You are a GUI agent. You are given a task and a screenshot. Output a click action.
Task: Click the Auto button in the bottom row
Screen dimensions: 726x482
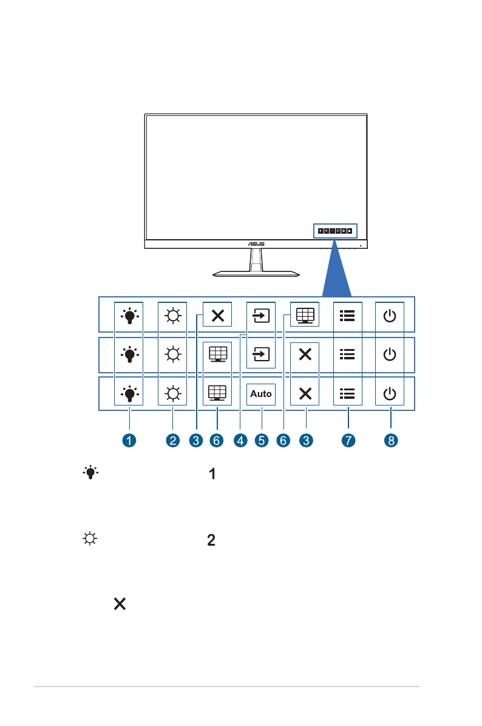[261, 394]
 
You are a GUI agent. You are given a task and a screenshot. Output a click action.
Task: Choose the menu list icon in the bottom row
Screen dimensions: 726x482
[347, 394]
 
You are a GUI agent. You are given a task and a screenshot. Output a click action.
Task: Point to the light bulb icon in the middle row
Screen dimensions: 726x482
[129, 353]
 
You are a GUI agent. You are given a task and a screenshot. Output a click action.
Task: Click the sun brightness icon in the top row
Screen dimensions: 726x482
[173, 316]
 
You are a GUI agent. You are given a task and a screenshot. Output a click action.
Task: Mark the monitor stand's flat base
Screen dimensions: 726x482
[256, 274]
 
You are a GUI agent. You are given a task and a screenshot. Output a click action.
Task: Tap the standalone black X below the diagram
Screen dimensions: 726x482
[119, 603]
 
